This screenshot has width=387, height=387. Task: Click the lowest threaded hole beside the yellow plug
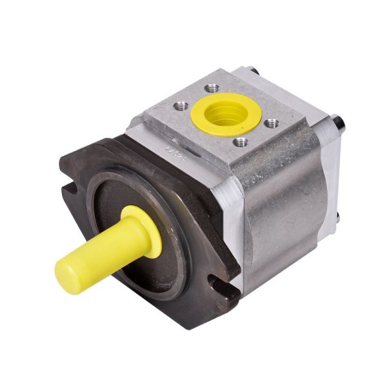240,141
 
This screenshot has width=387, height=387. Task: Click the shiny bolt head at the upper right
337,123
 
